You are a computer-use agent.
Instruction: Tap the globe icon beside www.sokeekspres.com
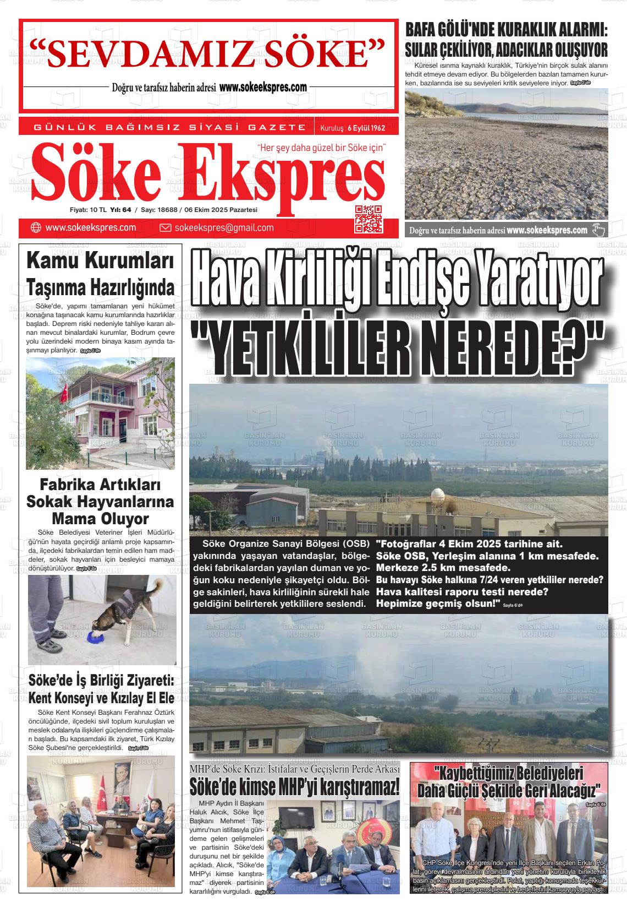[x=36, y=228]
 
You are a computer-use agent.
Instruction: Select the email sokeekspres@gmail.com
[x=224, y=228]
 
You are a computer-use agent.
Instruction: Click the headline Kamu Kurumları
[x=100, y=261]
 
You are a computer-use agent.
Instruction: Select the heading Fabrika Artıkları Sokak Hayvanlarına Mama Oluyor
[x=100, y=502]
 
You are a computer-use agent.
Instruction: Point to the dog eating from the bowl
[x=127, y=611]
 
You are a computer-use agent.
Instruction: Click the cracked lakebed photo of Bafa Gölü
[x=506, y=154]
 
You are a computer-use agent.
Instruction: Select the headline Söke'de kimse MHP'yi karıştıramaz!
[x=295, y=786]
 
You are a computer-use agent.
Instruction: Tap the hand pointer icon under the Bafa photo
[x=598, y=230]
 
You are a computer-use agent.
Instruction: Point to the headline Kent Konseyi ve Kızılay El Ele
[x=101, y=698]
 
